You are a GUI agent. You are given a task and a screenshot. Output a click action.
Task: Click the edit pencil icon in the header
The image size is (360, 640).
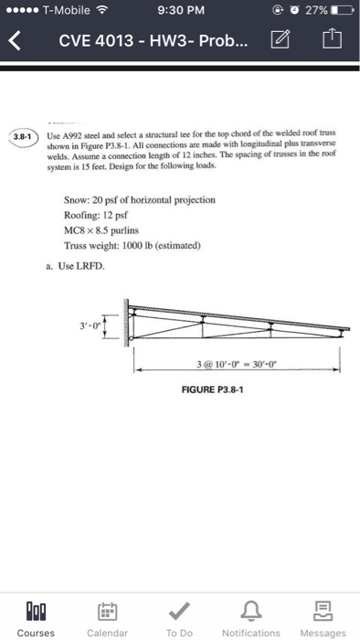click(x=281, y=40)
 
